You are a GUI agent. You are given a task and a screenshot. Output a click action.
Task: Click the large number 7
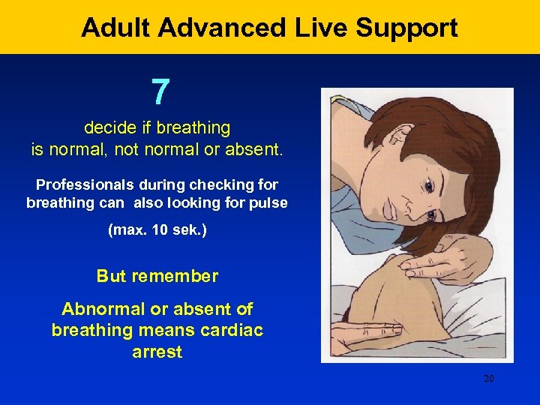pos(160,92)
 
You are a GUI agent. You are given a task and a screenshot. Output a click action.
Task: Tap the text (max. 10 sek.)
pos(157,229)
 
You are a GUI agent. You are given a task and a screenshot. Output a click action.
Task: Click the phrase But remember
pos(157,276)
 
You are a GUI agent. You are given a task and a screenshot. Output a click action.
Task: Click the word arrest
pos(157,352)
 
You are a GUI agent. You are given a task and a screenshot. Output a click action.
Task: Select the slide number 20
pos(488,379)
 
